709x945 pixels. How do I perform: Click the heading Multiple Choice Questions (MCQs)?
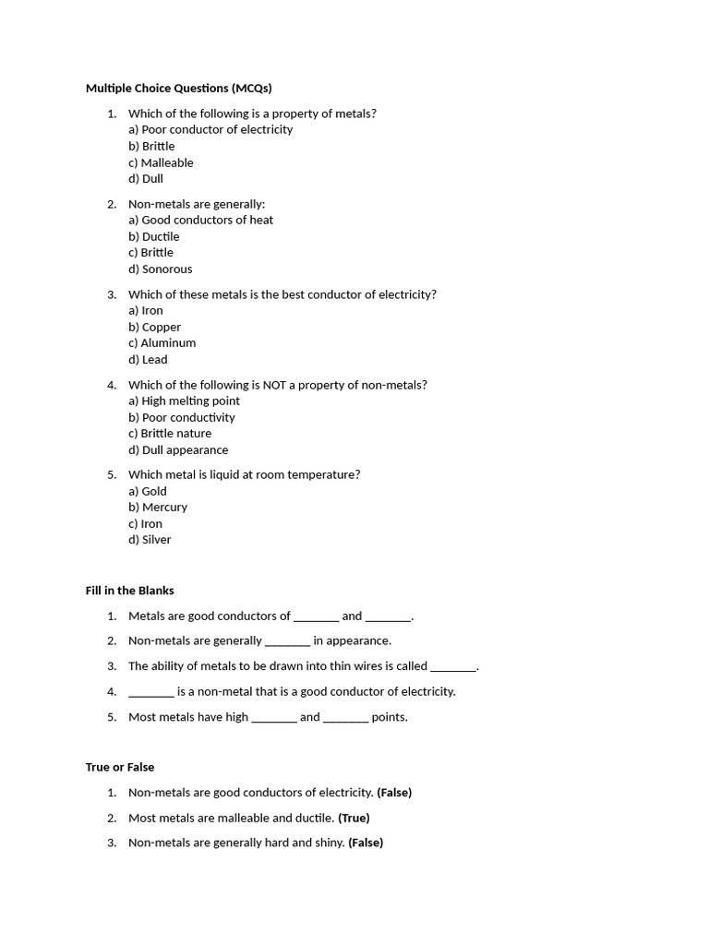(x=178, y=89)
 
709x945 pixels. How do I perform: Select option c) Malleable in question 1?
(x=161, y=162)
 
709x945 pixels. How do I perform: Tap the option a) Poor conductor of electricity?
(x=210, y=130)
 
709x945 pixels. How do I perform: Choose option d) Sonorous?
(x=161, y=269)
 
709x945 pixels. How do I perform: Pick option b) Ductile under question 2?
(x=154, y=236)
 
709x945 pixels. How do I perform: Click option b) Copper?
(x=154, y=327)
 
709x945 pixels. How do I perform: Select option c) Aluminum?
(x=162, y=343)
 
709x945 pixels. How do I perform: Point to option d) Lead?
(x=148, y=360)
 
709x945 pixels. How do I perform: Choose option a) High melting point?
(x=184, y=401)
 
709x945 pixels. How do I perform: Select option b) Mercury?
(x=158, y=508)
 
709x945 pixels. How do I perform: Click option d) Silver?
(x=150, y=540)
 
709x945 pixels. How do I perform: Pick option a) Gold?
(x=148, y=492)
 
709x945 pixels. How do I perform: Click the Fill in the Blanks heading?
(x=129, y=591)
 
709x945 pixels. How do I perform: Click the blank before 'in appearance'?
(x=287, y=641)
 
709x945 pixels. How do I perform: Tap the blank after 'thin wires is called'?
(x=453, y=666)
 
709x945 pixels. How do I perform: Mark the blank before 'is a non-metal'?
(x=150, y=692)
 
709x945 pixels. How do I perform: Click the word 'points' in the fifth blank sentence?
(x=389, y=717)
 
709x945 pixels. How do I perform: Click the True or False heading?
(x=120, y=767)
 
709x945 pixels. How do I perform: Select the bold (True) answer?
(x=354, y=818)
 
